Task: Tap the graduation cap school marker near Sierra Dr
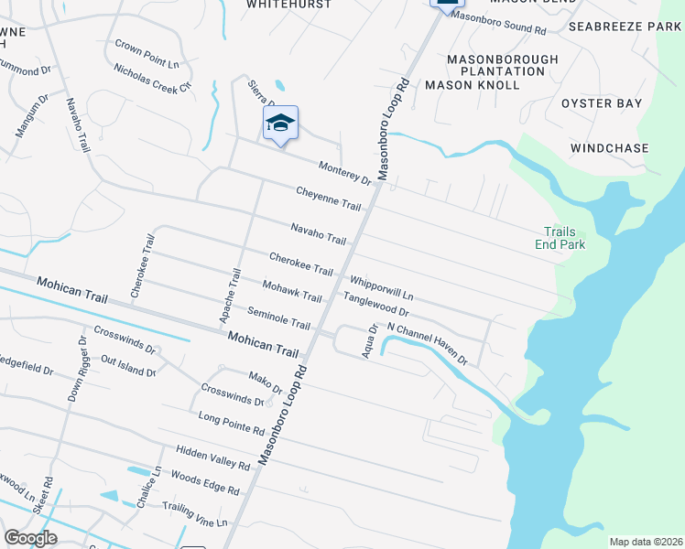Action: [x=281, y=124]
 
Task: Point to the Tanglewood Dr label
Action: [x=375, y=304]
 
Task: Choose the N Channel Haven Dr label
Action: [x=428, y=343]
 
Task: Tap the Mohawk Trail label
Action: [x=292, y=291]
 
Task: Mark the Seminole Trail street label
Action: [x=279, y=318]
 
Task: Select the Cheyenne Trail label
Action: [x=328, y=197]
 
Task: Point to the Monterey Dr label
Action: [x=345, y=173]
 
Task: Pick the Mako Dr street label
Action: [x=266, y=382]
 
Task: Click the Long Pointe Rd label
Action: [x=231, y=424]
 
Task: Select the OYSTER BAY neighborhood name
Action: [x=602, y=103]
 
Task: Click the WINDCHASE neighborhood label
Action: [x=609, y=147]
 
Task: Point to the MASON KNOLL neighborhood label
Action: [x=473, y=85]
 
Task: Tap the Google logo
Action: [x=31, y=538]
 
